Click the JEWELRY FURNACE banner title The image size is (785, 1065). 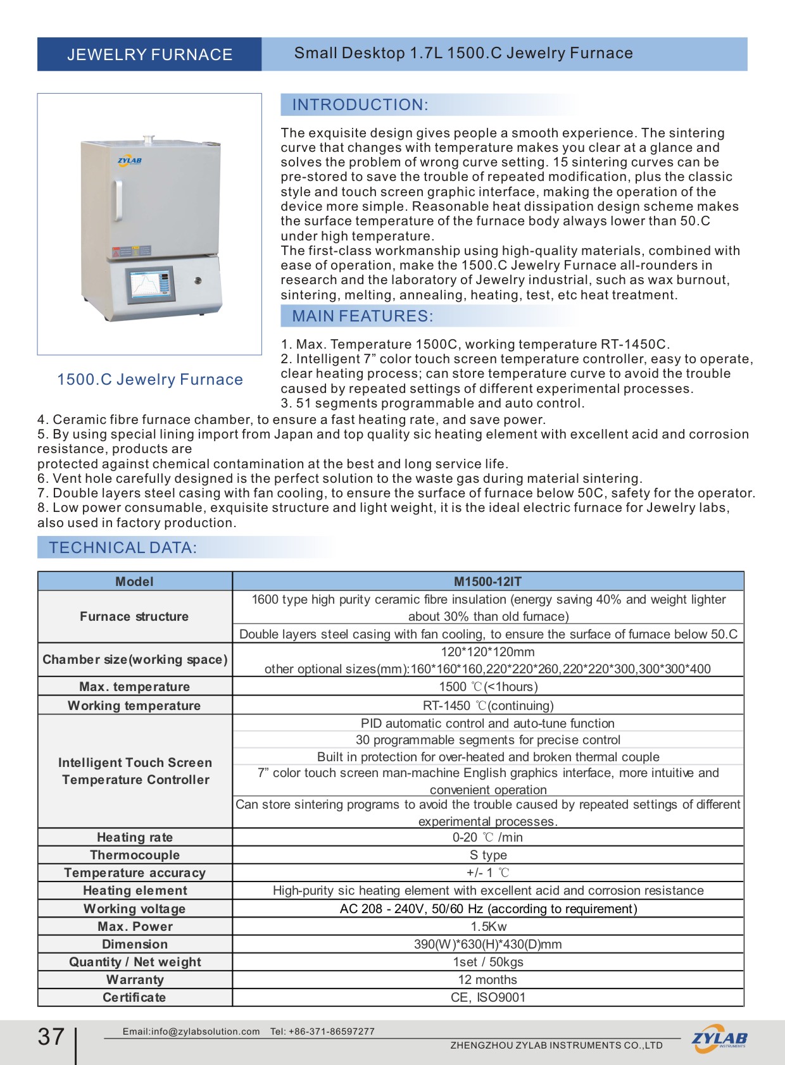[149, 54]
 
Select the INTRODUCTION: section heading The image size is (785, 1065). [360, 105]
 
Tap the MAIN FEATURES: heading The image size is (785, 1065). [362, 316]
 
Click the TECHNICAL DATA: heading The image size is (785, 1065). [123, 548]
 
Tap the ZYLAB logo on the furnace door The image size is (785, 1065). [130, 161]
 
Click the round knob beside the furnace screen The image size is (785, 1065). [198, 280]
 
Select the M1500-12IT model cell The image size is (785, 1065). [487, 582]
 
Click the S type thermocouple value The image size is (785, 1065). [487, 855]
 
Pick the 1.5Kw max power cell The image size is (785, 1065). [487, 926]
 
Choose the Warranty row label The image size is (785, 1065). [135, 980]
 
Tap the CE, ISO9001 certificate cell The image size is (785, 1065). [487, 997]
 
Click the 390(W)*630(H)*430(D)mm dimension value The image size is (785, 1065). [487, 944]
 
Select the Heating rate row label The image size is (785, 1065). [135, 837]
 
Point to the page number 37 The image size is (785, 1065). [51, 1037]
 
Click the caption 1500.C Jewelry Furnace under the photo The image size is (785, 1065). [150, 380]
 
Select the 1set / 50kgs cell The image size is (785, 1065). [487, 962]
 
